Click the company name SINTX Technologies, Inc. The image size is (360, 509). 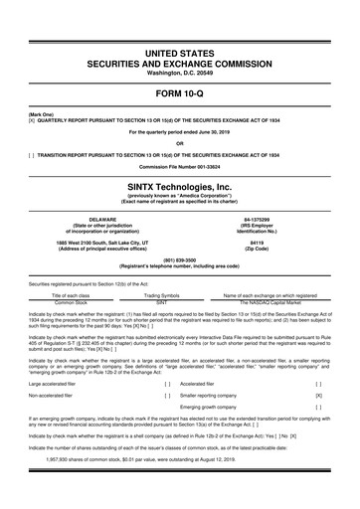180,185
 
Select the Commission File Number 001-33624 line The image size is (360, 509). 180,165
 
